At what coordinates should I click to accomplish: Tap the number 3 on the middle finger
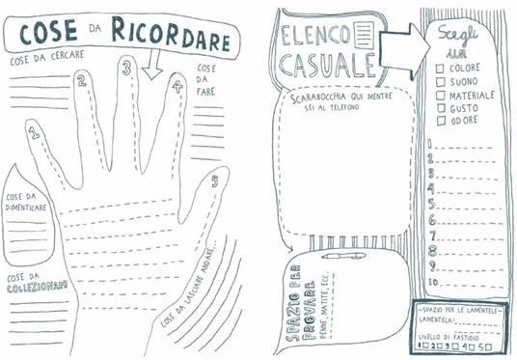point(125,68)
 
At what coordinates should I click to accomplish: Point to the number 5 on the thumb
point(213,180)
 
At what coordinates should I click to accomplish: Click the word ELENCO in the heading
point(315,36)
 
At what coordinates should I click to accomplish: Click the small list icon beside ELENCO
point(365,37)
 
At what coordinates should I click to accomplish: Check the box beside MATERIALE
point(440,96)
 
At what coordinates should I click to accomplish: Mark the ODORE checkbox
point(440,122)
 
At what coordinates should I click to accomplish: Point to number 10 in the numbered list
point(433,282)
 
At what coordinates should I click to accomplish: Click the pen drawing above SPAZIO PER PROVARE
point(343,256)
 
